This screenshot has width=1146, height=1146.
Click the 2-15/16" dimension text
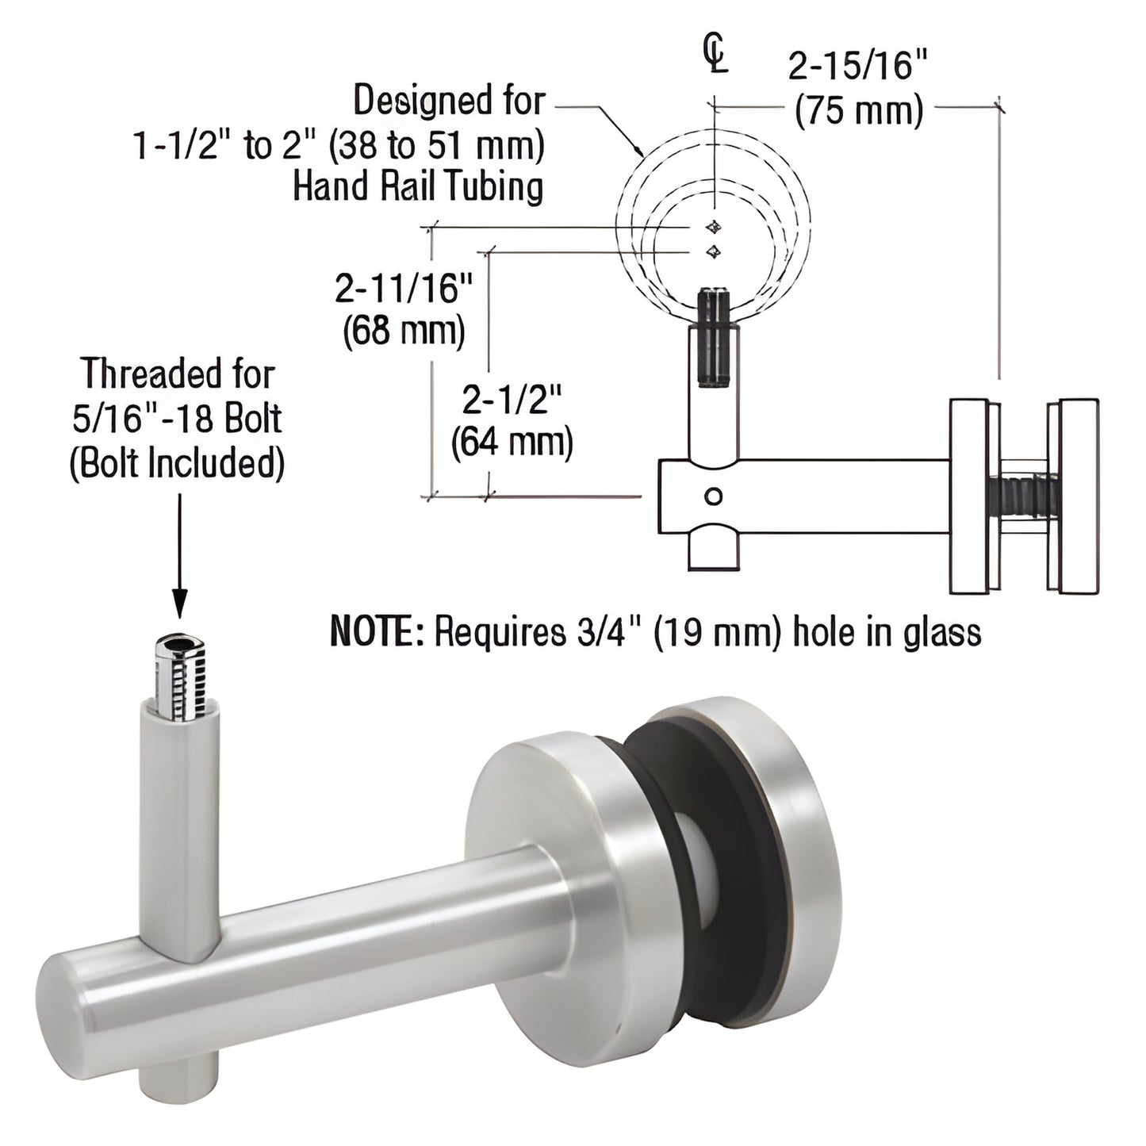857,67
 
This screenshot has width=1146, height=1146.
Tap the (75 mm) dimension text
859,112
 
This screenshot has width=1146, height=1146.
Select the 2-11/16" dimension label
404,289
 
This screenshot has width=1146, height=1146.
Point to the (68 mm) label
404,330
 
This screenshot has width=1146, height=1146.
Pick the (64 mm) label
512,442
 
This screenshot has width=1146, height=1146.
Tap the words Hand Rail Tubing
418,187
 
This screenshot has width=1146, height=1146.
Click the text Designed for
449,102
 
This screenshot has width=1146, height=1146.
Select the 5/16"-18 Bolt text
177,419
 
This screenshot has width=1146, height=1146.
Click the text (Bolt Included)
177,463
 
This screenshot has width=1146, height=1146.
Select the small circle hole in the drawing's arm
713,497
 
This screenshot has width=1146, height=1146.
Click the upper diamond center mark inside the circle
715,227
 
